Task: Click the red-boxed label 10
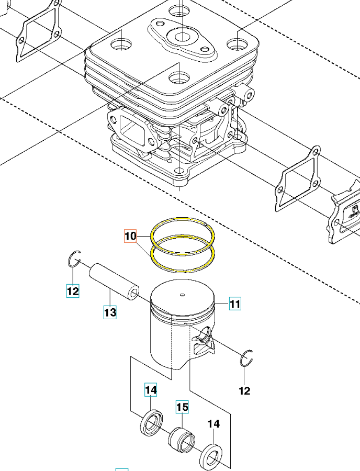tap(130, 236)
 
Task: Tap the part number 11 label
tap(234, 304)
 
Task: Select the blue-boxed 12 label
tap(73, 290)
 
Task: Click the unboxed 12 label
tap(244, 390)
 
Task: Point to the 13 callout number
tap(109, 312)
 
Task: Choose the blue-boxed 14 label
tap(151, 390)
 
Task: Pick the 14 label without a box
tap(213, 424)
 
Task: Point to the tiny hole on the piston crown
tap(182, 294)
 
